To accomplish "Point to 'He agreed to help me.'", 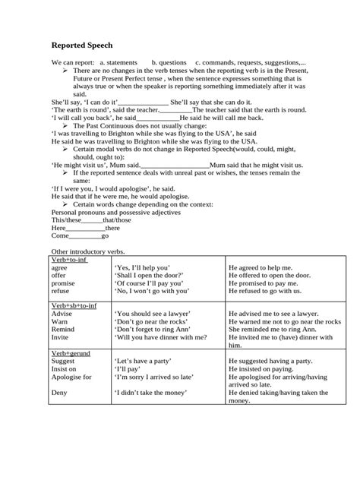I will click(x=260, y=267).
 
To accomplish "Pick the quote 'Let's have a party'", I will click(x=145, y=363).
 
